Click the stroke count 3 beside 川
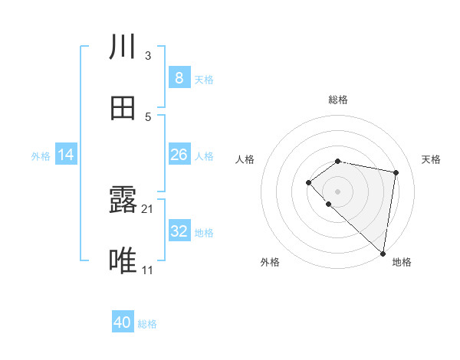[x=148, y=55]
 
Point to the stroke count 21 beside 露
[x=148, y=208]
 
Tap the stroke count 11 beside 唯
[x=148, y=270]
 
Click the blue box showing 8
[x=179, y=78]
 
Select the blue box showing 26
[x=179, y=155]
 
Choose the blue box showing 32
[x=179, y=231]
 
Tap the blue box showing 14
[x=66, y=155]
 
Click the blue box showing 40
[x=123, y=322]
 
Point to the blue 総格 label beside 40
[x=147, y=324]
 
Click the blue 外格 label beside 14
[x=41, y=156]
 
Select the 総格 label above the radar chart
[x=338, y=100]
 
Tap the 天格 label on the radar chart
[x=432, y=159]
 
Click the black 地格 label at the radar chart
[x=402, y=262]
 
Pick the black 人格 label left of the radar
[x=245, y=159]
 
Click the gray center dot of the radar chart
[x=338, y=191]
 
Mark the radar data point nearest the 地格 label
[x=383, y=254]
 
